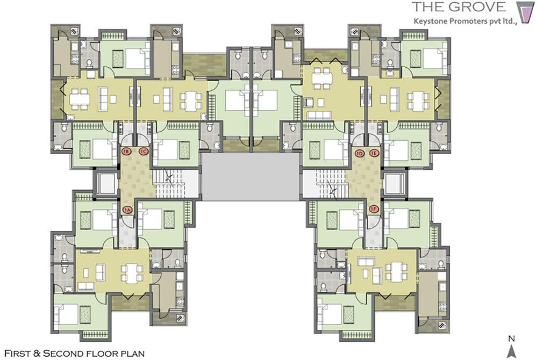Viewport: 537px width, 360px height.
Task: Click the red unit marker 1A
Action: [x=127, y=210]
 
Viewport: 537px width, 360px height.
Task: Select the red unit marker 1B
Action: [x=126, y=152]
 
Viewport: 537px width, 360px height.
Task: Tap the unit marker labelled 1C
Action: [x=143, y=152]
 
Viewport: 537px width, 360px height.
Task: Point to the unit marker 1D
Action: [x=360, y=153]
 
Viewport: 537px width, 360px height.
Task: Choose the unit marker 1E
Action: [x=375, y=153]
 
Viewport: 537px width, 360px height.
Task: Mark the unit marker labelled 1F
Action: [x=375, y=209]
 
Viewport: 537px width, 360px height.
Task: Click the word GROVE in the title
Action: [x=479, y=7]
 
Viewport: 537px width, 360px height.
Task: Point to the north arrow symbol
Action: [x=512, y=351]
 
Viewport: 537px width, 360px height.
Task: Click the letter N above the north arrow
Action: [x=512, y=339]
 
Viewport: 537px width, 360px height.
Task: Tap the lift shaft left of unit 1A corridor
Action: [x=105, y=184]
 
